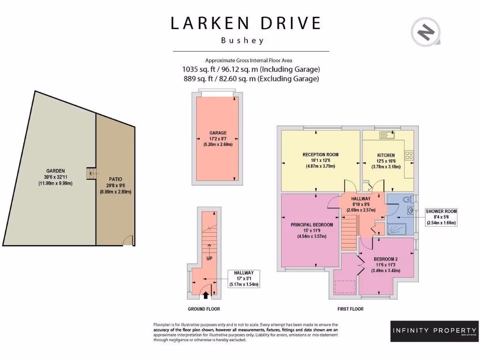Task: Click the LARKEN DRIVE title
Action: [x=246, y=23]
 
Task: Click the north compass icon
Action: [x=426, y=33]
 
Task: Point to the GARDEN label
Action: [x=55, y=171]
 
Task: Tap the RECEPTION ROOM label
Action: [x=320, y=155]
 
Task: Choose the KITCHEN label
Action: [x=386, y=155]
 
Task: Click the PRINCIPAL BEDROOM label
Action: [x=312, y=225]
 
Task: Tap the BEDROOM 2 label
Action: [x=385, y=259]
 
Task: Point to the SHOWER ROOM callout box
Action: [x=441, y=217]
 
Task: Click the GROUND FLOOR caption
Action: [x=203, y=309]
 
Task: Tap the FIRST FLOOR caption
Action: [x=350, y=309]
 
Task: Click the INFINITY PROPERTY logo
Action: [x=434, y=331]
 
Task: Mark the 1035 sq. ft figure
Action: [x=196, y=69]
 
